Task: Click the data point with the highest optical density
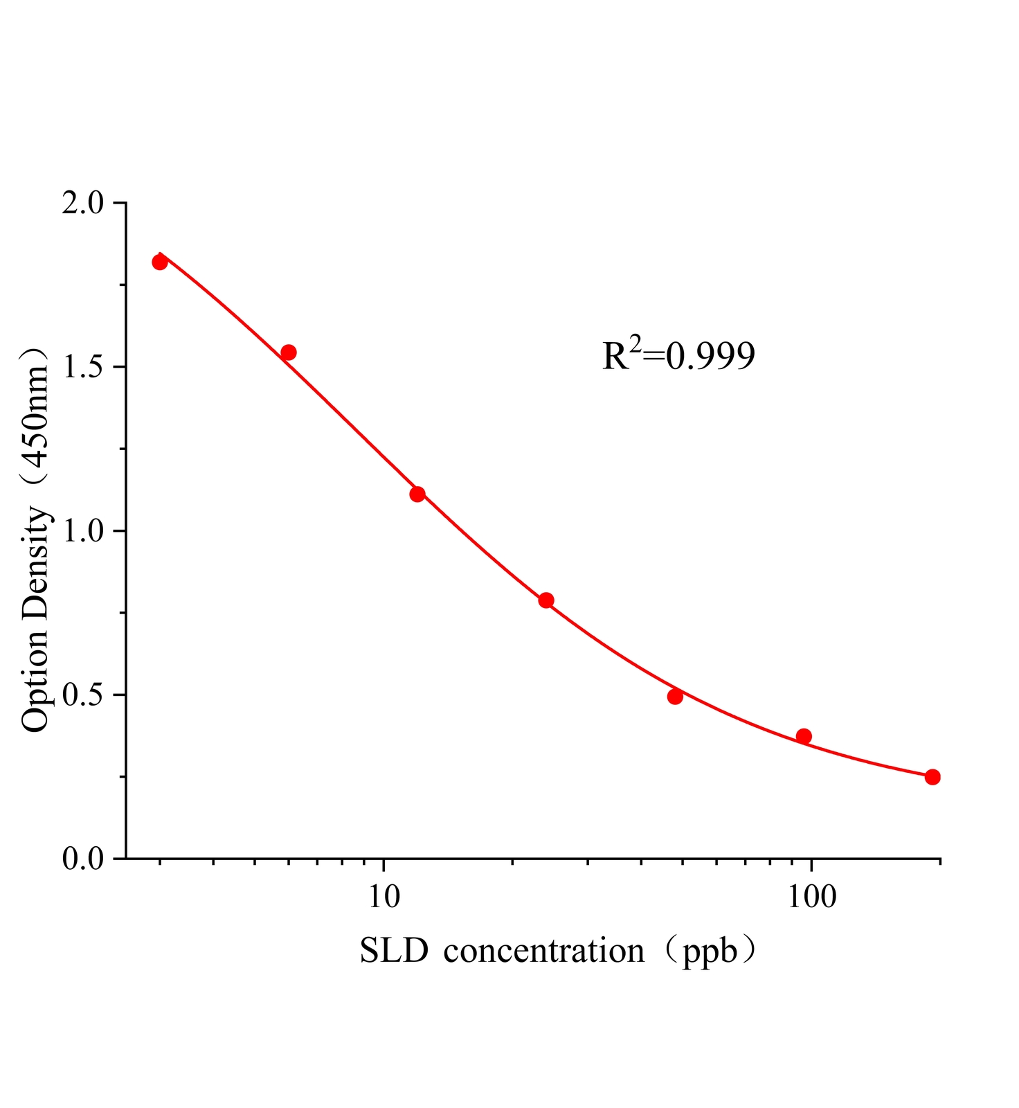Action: coord(160,262)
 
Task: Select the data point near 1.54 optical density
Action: coord(289,352)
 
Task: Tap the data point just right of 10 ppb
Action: coord(417,494)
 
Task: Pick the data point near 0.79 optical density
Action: coord(546,600)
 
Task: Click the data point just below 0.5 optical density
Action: coord(675,697)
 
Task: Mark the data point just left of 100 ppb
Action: coord(804,736)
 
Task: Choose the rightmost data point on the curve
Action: coord(932,777)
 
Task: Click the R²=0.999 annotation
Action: coord(678,355)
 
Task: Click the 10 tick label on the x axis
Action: coord(384,897)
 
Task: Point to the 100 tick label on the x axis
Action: coord(811,897)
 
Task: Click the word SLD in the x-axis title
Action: coord(394,951)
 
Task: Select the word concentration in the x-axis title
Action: coord(544,951)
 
